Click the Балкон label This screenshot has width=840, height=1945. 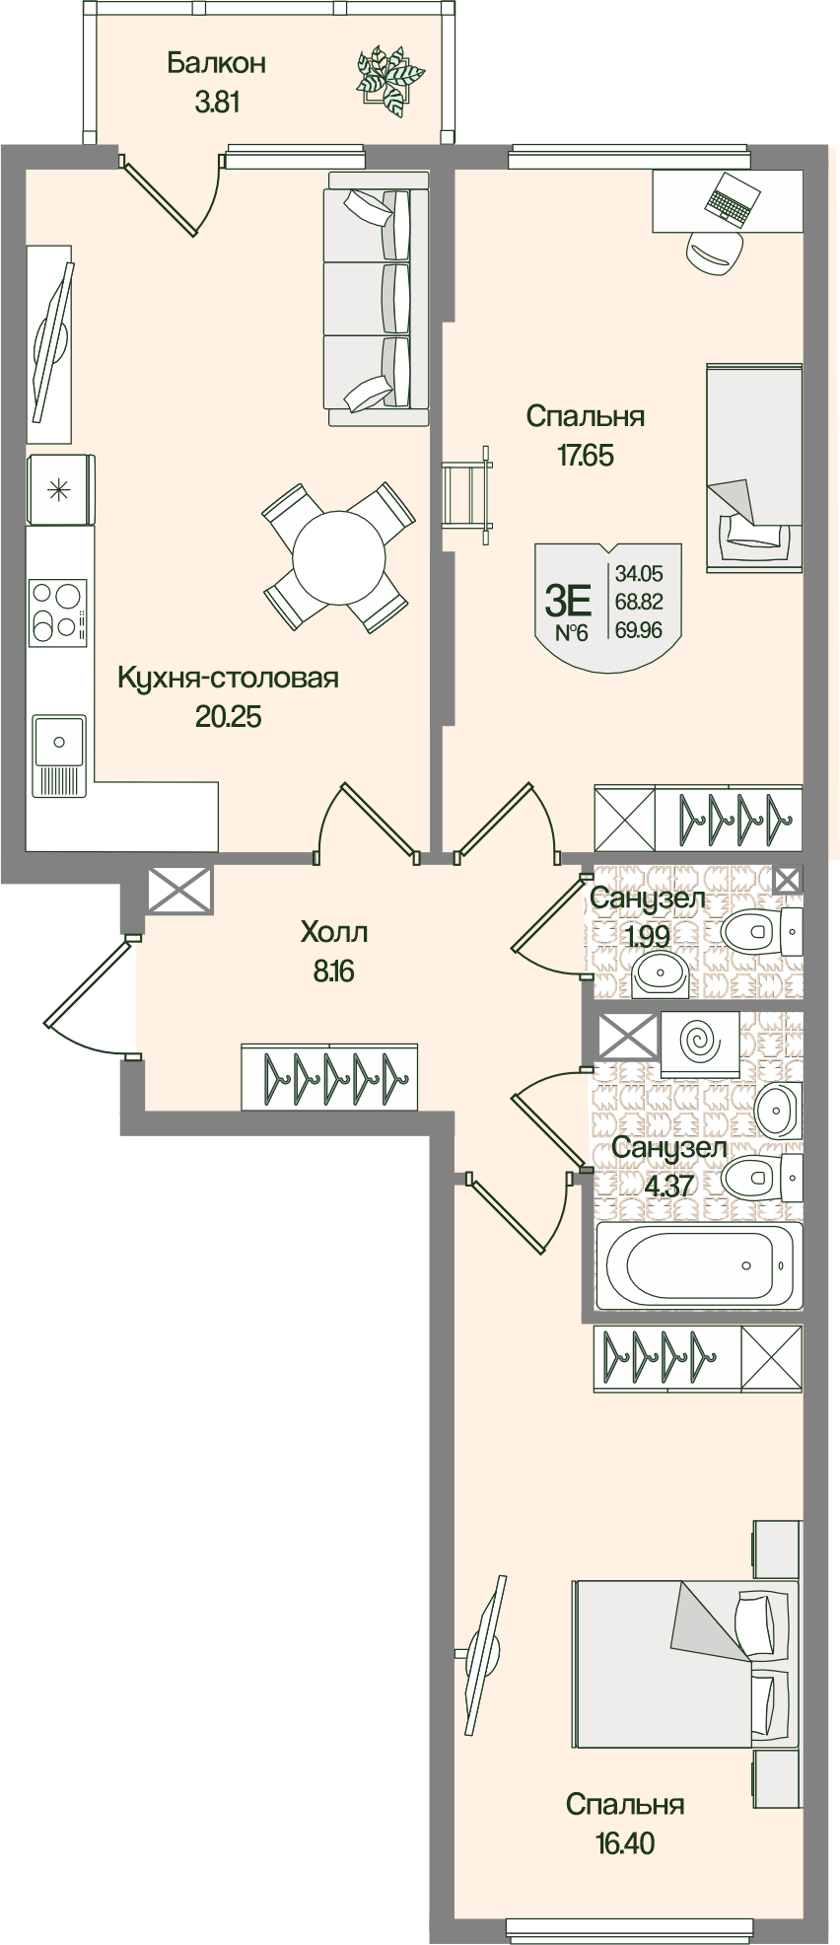(x=216, y=63)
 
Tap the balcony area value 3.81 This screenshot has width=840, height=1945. (x=217, y=102)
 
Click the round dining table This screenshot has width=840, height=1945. (x=338, y=557)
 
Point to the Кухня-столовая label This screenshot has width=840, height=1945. (x=228, y=678)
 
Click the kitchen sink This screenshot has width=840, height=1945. (x=59, y=740)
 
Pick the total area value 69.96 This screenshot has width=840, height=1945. (x=639, y=629)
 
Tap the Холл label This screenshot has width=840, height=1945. (x=334, y=931)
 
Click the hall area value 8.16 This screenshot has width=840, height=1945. (x=334, y=972)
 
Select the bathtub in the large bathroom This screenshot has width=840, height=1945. (x=699, y=1265)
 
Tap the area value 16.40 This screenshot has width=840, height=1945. (x=624, y=1841)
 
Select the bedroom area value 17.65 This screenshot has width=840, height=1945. (x=585, y=455)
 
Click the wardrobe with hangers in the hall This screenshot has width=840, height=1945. (x=329, y=1077)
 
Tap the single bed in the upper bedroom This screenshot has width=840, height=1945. (x=753, y=468)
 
